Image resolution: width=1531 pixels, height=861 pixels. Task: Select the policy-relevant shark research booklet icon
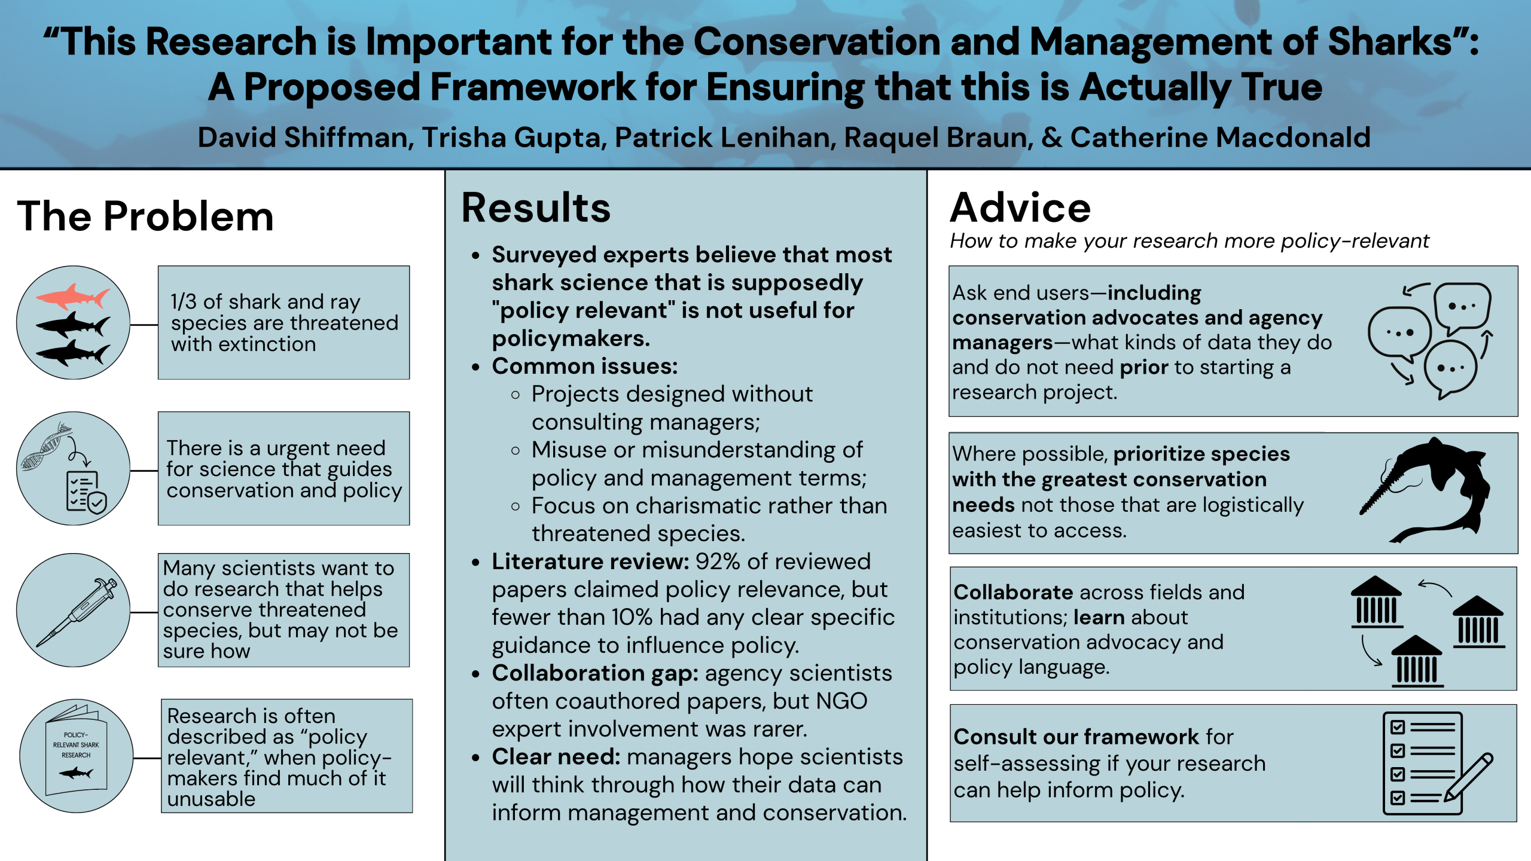tap(77, 755)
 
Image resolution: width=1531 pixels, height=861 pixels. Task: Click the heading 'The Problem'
tap(145, 216)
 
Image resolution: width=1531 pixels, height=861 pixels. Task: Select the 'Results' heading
tap(536, 208)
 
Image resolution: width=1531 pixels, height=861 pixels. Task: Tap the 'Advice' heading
tap(1020, 208)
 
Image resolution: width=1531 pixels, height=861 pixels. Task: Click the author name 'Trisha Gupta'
tap(511, 138)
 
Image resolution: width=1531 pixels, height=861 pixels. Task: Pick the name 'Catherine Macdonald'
tap(1220, 138)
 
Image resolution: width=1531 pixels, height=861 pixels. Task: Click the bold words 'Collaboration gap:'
tap(595, 673)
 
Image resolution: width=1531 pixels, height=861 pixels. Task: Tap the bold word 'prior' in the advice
tap(1143, 367)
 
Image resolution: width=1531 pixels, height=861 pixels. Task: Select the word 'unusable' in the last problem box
tap(211, 799)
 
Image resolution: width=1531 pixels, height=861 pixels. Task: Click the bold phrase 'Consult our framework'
tap(1076, 737)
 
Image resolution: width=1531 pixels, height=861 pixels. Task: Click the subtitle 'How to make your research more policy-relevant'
tap(1189, 241)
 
